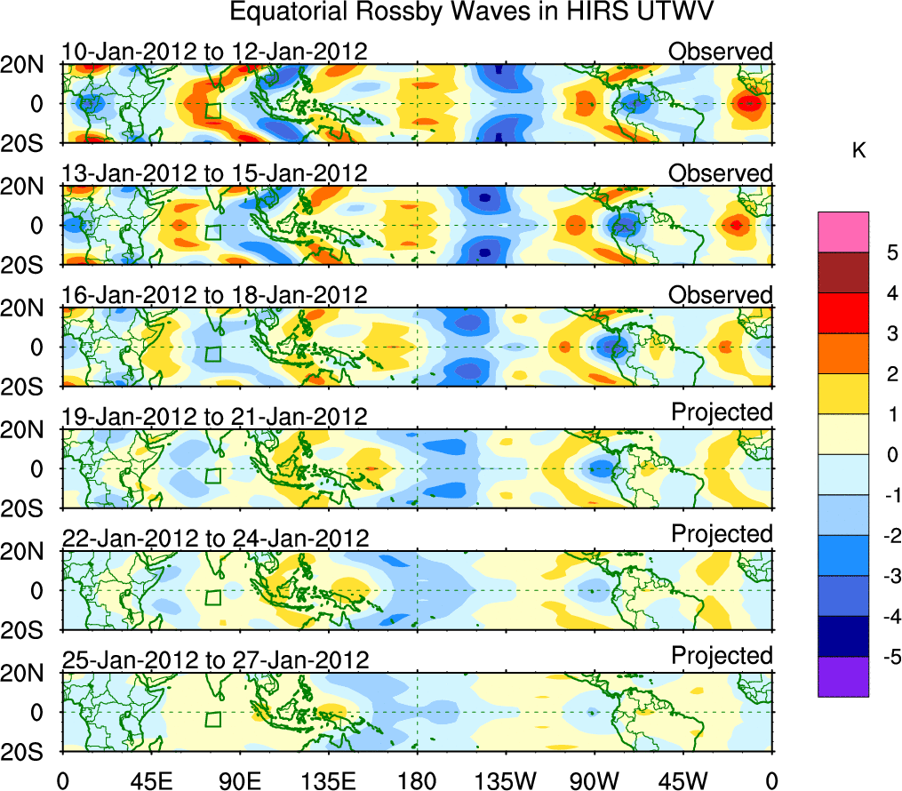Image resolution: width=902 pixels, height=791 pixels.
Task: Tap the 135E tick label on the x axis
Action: pos(326,781)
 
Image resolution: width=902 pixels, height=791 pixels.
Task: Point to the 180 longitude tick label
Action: pos(417,781)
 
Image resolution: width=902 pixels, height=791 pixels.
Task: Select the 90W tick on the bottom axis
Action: pos(594,781)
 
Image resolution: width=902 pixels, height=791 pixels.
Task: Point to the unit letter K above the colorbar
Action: pos(858,152)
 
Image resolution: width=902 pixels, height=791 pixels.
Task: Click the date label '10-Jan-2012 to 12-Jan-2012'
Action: pos(214,52)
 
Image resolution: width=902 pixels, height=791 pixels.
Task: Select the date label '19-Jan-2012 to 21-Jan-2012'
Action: pos(214,416)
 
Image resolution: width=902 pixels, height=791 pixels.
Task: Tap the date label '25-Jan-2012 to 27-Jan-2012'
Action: pos(214,660)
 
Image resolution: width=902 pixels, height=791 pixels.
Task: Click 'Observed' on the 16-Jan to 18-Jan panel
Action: pos(721,295)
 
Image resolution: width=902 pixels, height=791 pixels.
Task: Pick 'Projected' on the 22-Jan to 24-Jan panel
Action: pos(722,533)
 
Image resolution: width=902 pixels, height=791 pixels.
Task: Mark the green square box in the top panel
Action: pos(212,110)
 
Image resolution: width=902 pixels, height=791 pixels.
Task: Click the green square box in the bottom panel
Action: pos(212,719)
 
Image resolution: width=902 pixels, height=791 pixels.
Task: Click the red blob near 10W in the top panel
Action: pos(749,103)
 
